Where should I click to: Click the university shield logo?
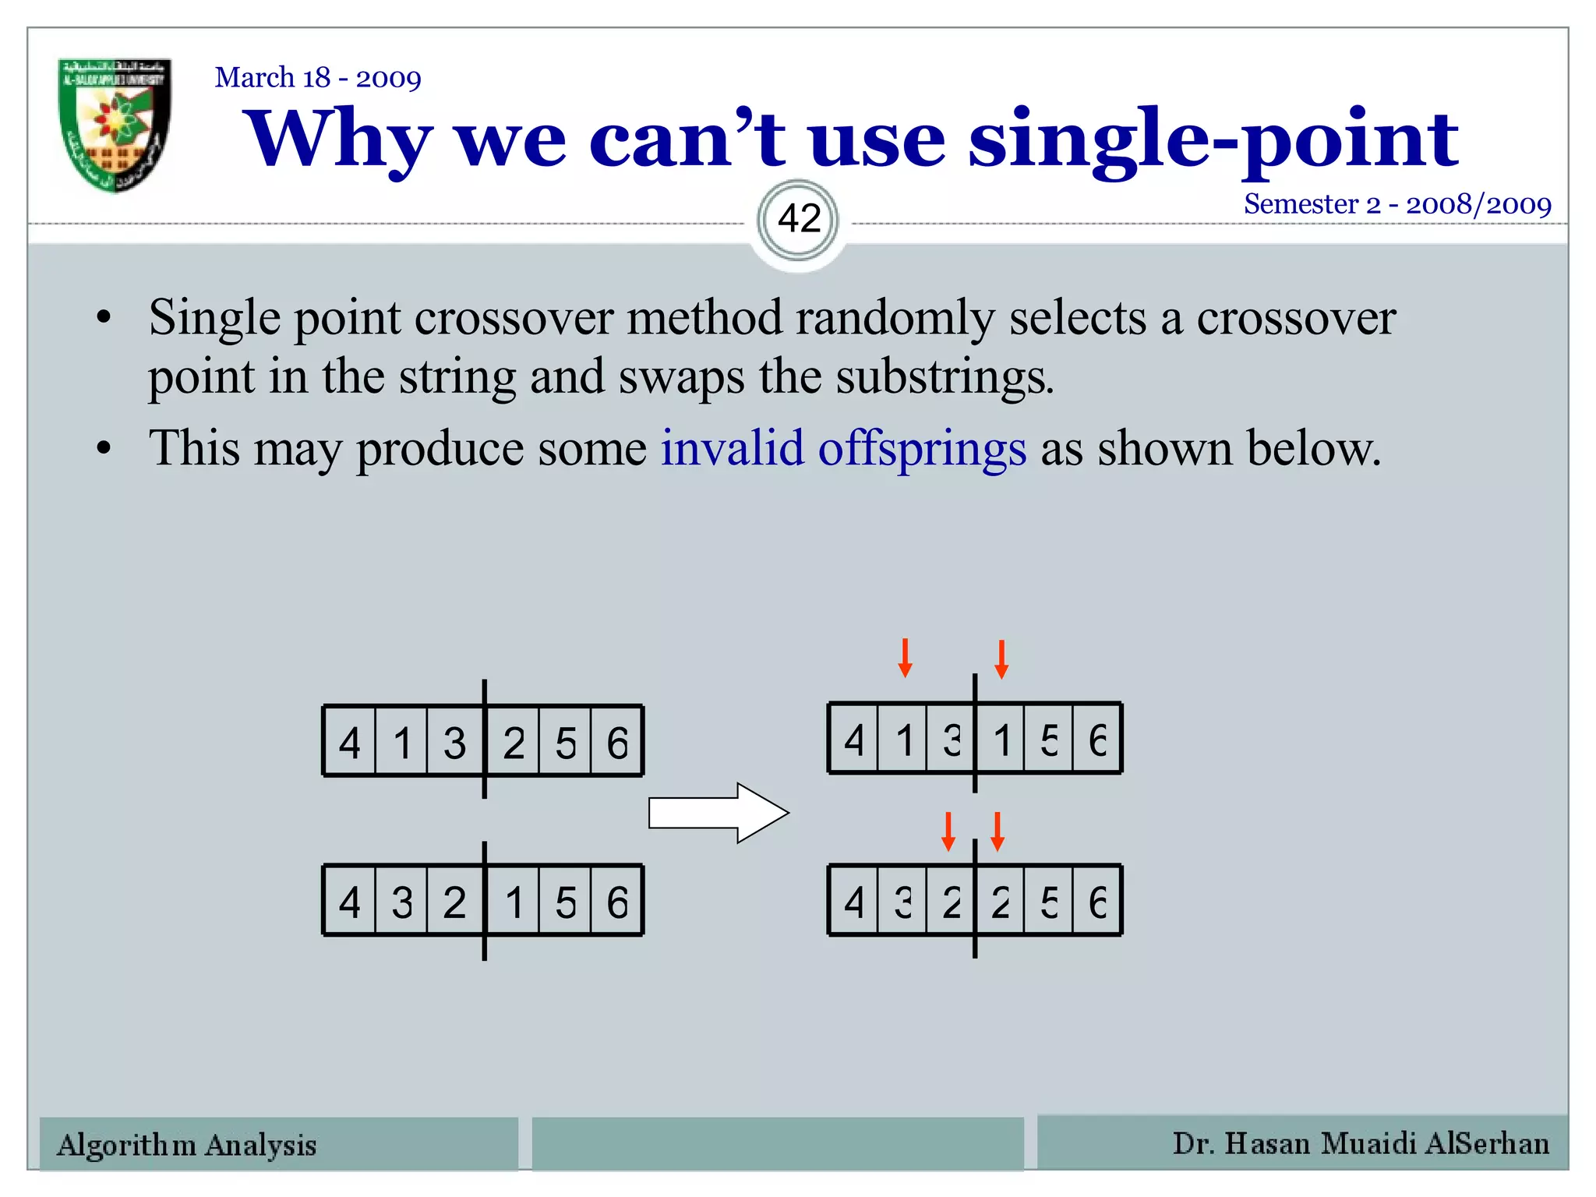[115, 124]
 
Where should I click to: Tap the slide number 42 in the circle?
[799, 219]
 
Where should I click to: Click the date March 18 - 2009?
[318, 78]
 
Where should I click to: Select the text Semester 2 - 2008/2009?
[1396, 204]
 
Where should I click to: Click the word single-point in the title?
[1212, 140]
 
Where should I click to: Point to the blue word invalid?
[732, 449]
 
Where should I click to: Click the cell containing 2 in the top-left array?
[513, 742]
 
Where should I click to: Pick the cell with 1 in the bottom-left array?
[513, 902]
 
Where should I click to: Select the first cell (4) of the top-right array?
[854, 739]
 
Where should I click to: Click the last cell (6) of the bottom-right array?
[1097, 901]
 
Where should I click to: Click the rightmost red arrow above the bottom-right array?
[997, 832]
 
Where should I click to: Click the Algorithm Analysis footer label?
[187, 1145]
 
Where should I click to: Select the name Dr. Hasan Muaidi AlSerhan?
[1361, 1143]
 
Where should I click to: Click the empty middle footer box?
[777, 1143]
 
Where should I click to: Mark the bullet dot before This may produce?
[104, 450]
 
